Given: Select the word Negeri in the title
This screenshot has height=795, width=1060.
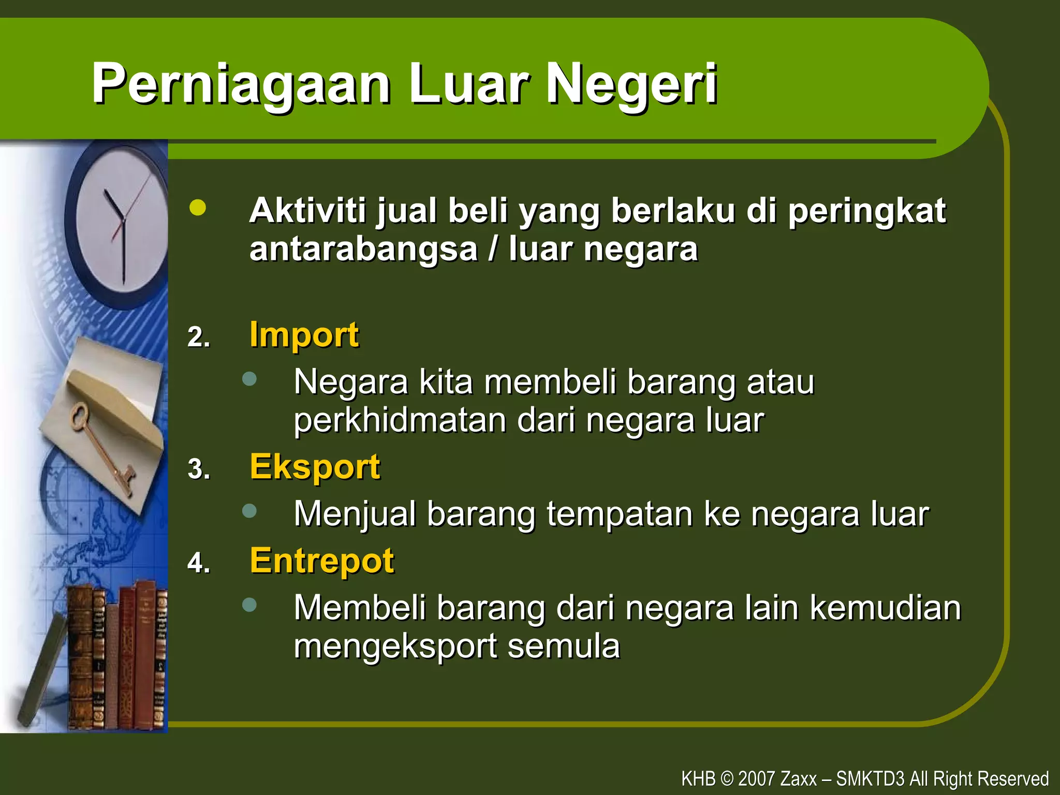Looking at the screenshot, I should [x=631, y=84].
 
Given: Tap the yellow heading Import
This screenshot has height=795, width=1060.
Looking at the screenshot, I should [x=304, y=335].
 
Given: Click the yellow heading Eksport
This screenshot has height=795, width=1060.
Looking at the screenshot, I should [x=315, y=467].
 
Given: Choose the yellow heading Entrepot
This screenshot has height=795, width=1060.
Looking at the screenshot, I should [x=321, y=561].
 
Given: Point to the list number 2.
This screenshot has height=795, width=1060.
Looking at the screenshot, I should [x=199, y=337].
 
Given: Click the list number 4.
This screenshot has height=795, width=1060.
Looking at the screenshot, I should [x=199, y=563].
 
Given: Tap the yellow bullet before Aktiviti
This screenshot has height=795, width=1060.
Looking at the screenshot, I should [x=198, y=208].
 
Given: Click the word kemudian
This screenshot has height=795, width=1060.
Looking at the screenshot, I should [x=885, y=608].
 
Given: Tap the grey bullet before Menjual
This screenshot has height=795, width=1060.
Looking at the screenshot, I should [x=249, y=511].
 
